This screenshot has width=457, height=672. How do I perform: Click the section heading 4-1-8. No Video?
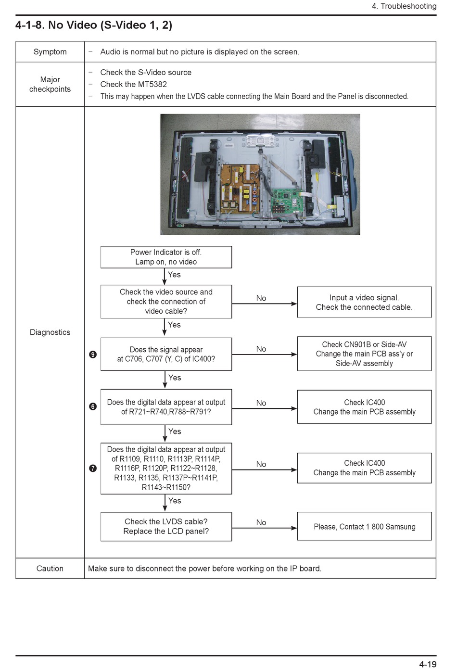click(94, 25)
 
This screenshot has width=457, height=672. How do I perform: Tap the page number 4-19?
click(428, 664)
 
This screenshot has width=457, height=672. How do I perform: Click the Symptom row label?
click(50, 51)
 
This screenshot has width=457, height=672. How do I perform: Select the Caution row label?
click(50, 568)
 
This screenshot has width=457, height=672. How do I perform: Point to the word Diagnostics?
click(50, 332)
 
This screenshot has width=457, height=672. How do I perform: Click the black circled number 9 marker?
click(93, 355)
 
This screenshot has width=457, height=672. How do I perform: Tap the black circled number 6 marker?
click(93, 406)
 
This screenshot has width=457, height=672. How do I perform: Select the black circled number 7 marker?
click(93, 468)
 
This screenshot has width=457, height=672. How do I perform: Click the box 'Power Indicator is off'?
click(166, 257)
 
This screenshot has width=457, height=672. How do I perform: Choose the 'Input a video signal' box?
click(364, 302)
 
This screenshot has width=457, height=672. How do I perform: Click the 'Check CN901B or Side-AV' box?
click(364, 354)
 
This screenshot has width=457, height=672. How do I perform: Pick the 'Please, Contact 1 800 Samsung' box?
click(364, 526)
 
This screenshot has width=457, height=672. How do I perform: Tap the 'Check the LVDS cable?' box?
click(166, 527)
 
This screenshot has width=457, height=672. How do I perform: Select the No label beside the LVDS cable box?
click(261, 522)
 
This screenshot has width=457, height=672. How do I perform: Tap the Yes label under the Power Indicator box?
click(174, 275)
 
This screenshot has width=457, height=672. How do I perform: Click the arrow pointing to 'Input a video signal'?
click(265, 304)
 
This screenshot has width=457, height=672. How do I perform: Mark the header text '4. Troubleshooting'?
click(404, 6)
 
